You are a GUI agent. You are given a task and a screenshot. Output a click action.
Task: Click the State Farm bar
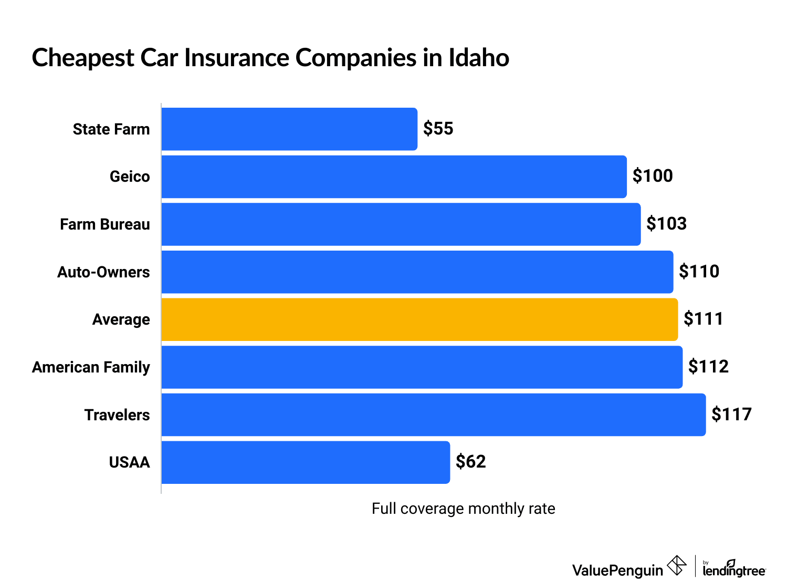pos(289,129)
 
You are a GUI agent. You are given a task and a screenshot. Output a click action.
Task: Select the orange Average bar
pos(419,319)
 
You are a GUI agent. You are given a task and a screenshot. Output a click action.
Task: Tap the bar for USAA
pos(306,462)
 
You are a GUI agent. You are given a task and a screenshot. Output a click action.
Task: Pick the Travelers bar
pos(434,415)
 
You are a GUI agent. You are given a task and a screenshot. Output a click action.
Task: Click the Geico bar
pos(394,177)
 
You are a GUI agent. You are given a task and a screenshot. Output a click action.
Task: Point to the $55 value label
pos(438,129)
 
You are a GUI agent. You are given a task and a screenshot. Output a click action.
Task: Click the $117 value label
pos(731,415)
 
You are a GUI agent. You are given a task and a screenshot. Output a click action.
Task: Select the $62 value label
pos(470,462)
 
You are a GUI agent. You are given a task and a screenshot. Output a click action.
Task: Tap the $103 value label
pos(666,224)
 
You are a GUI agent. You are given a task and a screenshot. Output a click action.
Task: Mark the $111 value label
pos(703,319)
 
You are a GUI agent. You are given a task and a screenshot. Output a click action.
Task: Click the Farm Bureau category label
pos(105,224)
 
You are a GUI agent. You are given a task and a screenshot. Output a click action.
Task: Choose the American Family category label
pos(91,367)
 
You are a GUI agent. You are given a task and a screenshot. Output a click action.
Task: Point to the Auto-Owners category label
pos(103,272)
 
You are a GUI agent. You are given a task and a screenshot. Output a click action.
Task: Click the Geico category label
pos(130,177)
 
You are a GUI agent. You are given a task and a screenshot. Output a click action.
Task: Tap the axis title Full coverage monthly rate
pos(463,509)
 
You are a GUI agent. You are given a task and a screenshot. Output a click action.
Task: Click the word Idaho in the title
pos(478,58)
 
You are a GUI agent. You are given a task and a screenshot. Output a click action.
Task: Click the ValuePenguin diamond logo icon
pos(677,566)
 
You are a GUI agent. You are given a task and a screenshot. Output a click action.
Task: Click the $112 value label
pos(708,367)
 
